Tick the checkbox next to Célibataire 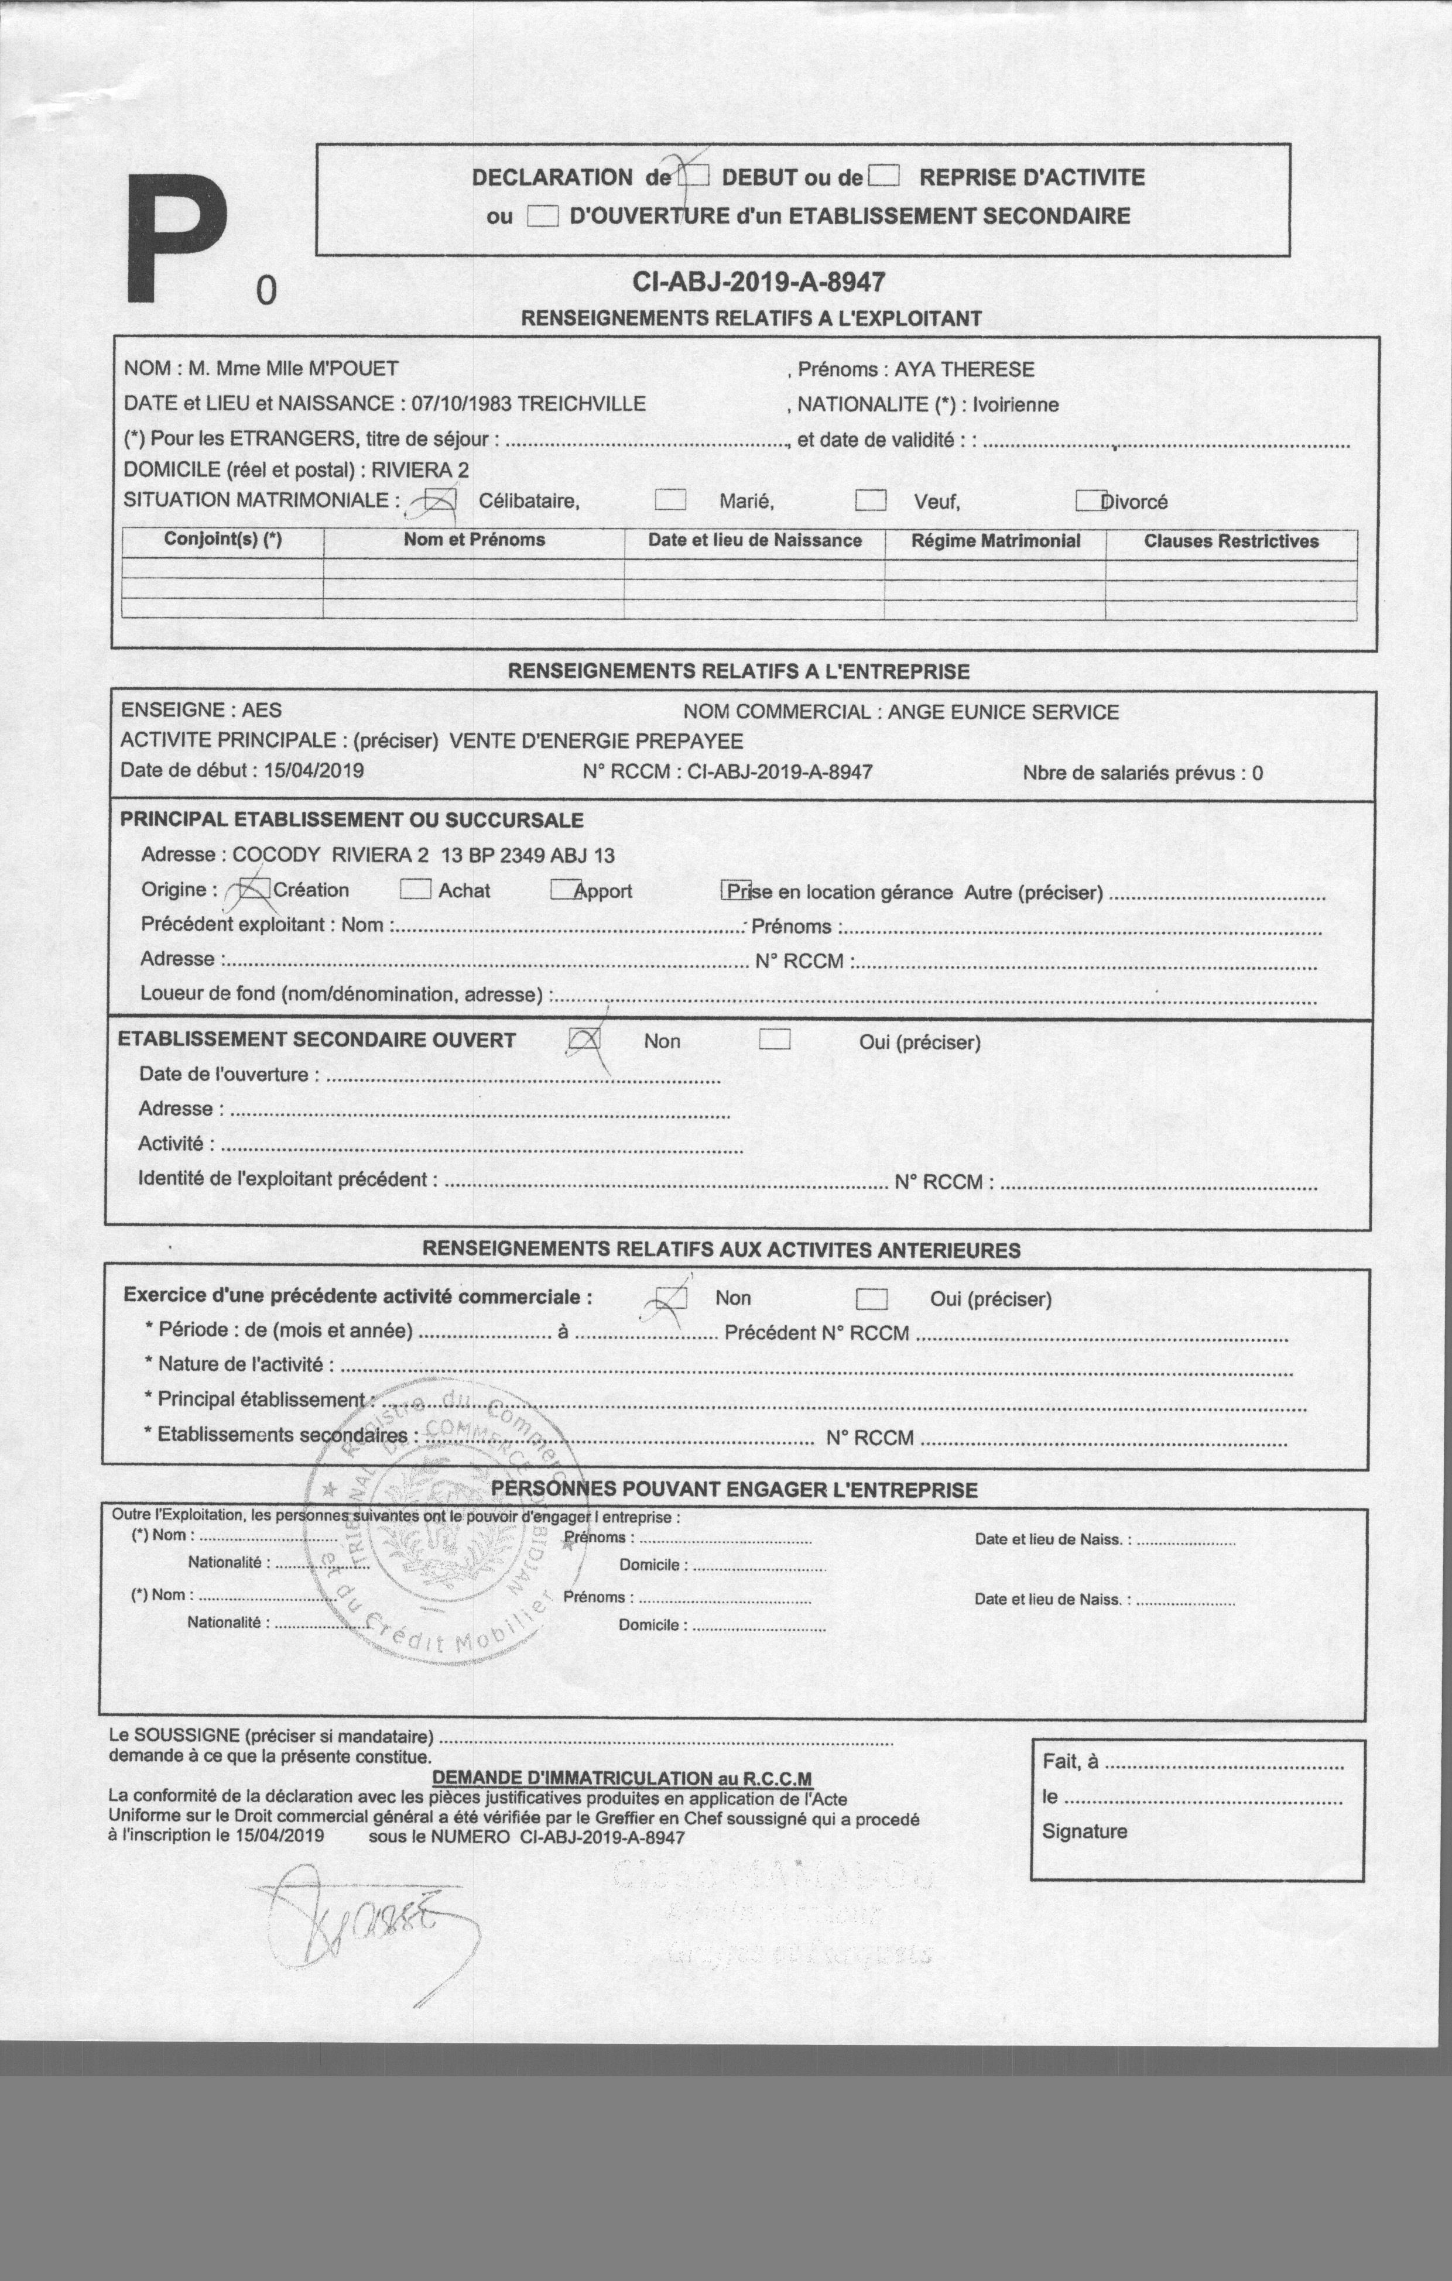point(439,500)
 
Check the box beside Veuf point(870,500)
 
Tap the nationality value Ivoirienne point(1015,404)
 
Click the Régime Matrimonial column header point(995,541)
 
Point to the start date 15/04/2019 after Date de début point(314,770)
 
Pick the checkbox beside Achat point(415,890)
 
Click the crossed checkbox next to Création point(253,890)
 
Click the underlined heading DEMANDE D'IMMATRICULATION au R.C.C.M point(622,1778)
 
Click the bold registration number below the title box point(758,282)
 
